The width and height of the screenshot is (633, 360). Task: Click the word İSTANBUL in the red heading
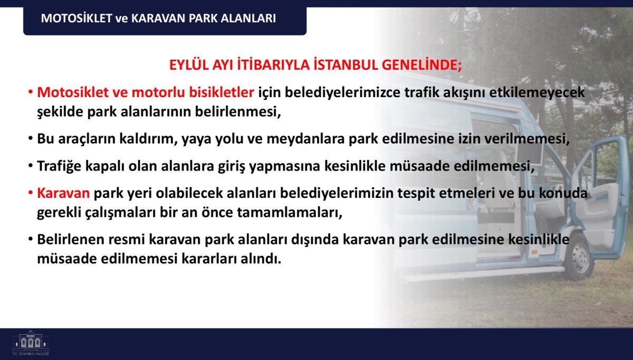click(346, 65)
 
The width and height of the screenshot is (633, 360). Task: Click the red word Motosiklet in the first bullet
click(73, 92)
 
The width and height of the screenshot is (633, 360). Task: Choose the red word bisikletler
click(221, 92)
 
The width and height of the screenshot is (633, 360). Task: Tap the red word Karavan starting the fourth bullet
click(63, 193)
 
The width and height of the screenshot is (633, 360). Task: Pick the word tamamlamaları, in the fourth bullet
click(290, 212)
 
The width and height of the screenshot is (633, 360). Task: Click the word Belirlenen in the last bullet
click(71, 239)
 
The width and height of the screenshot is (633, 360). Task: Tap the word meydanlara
click(305, 139)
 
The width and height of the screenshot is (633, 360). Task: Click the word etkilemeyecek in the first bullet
click(537, 92)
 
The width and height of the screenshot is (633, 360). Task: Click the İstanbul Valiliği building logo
click(31, 343)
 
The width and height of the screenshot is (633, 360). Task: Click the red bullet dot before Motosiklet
click(30, 92)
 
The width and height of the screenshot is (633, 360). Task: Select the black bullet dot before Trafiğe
click(30, 166)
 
